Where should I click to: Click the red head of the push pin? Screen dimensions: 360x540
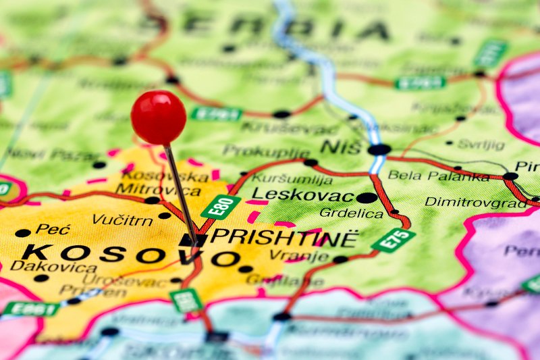(x=159, y=118)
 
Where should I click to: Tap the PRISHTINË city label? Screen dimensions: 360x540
(x=284, y=237)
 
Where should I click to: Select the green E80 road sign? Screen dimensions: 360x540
(x=221, y=207)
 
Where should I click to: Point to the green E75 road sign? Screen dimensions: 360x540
(x=394, y=240)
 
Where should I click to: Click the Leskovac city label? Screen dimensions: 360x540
(x=302, y=195)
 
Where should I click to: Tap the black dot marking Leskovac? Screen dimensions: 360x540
(x=367, y=198)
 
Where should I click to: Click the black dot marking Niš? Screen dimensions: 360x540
(x=379, y=149)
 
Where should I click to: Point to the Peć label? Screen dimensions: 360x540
(x=53, y=229)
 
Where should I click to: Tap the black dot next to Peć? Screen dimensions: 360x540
(x=23, y=232)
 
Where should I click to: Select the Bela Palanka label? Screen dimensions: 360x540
(x=438, y=176)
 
